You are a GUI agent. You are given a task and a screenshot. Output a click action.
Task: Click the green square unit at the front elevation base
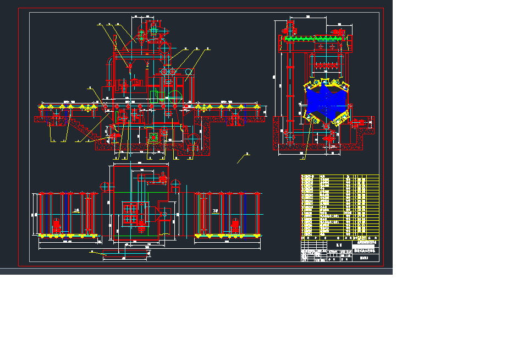pyautogui.click(x=155, y=136)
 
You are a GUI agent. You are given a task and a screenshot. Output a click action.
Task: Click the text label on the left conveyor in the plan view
pyautogui.click(x=76, y=211)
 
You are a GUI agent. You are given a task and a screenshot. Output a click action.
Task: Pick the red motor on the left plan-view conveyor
pyautogui.click(x=57, y=226)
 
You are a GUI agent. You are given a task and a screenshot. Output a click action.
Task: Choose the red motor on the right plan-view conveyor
pyautogui.click(x=236, y=226)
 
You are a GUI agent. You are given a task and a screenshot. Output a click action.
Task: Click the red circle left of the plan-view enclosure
pyautogui.click(x=104, y=186)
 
